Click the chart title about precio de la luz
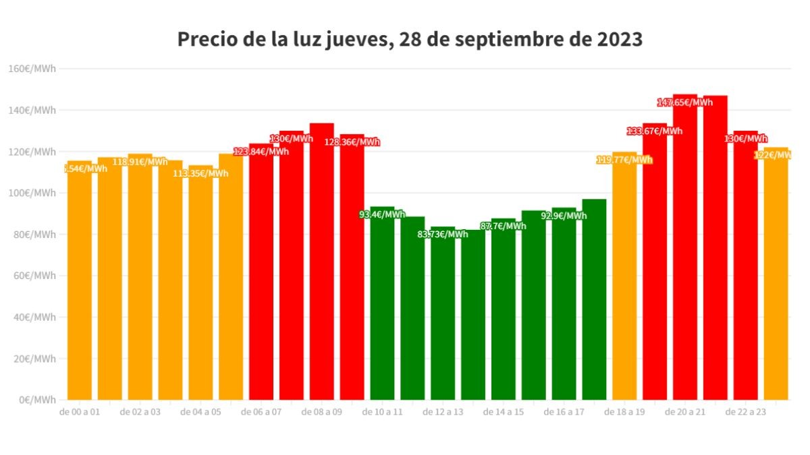410,39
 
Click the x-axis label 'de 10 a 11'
382,412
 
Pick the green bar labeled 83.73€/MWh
443,317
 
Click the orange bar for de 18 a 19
624,283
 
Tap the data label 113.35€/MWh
200,173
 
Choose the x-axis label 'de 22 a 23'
745,412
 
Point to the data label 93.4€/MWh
382,214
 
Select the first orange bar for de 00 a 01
80,283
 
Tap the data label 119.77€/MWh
624,160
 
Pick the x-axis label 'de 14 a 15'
503,412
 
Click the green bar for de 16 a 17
564,310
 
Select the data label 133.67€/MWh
655,131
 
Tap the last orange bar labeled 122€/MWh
776,283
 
